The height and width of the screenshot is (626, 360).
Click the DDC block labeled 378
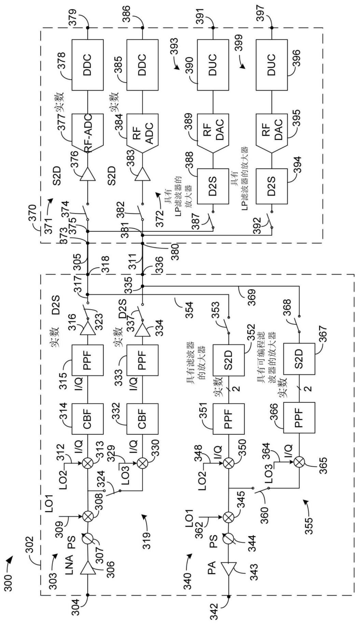tap(87, 65)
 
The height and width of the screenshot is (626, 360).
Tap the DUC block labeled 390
tap(213, 65)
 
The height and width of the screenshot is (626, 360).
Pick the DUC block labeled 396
tap(272, 65)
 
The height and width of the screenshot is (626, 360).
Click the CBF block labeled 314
tap(87, 418)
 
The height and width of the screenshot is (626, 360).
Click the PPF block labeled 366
tap(299, 418)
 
